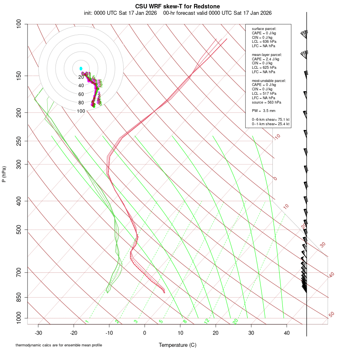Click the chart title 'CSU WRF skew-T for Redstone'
pos(177,6)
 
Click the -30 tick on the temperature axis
pos(38,332)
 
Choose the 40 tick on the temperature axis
pos(287,332)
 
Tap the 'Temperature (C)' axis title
pos(177,345)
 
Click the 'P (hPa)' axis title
pos(4,174)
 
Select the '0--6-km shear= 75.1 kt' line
pos(271,120)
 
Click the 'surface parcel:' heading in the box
pos(264,29)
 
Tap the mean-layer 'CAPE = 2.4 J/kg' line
pos(266,59)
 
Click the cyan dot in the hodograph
pos(81,68)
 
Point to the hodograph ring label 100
pos(81,111)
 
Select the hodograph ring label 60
pos(81,94)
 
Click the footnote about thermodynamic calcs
pos(59,345)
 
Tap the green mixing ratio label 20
pos(235,321)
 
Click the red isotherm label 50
pos(331,315)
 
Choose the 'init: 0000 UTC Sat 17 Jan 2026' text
pos(121,13)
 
